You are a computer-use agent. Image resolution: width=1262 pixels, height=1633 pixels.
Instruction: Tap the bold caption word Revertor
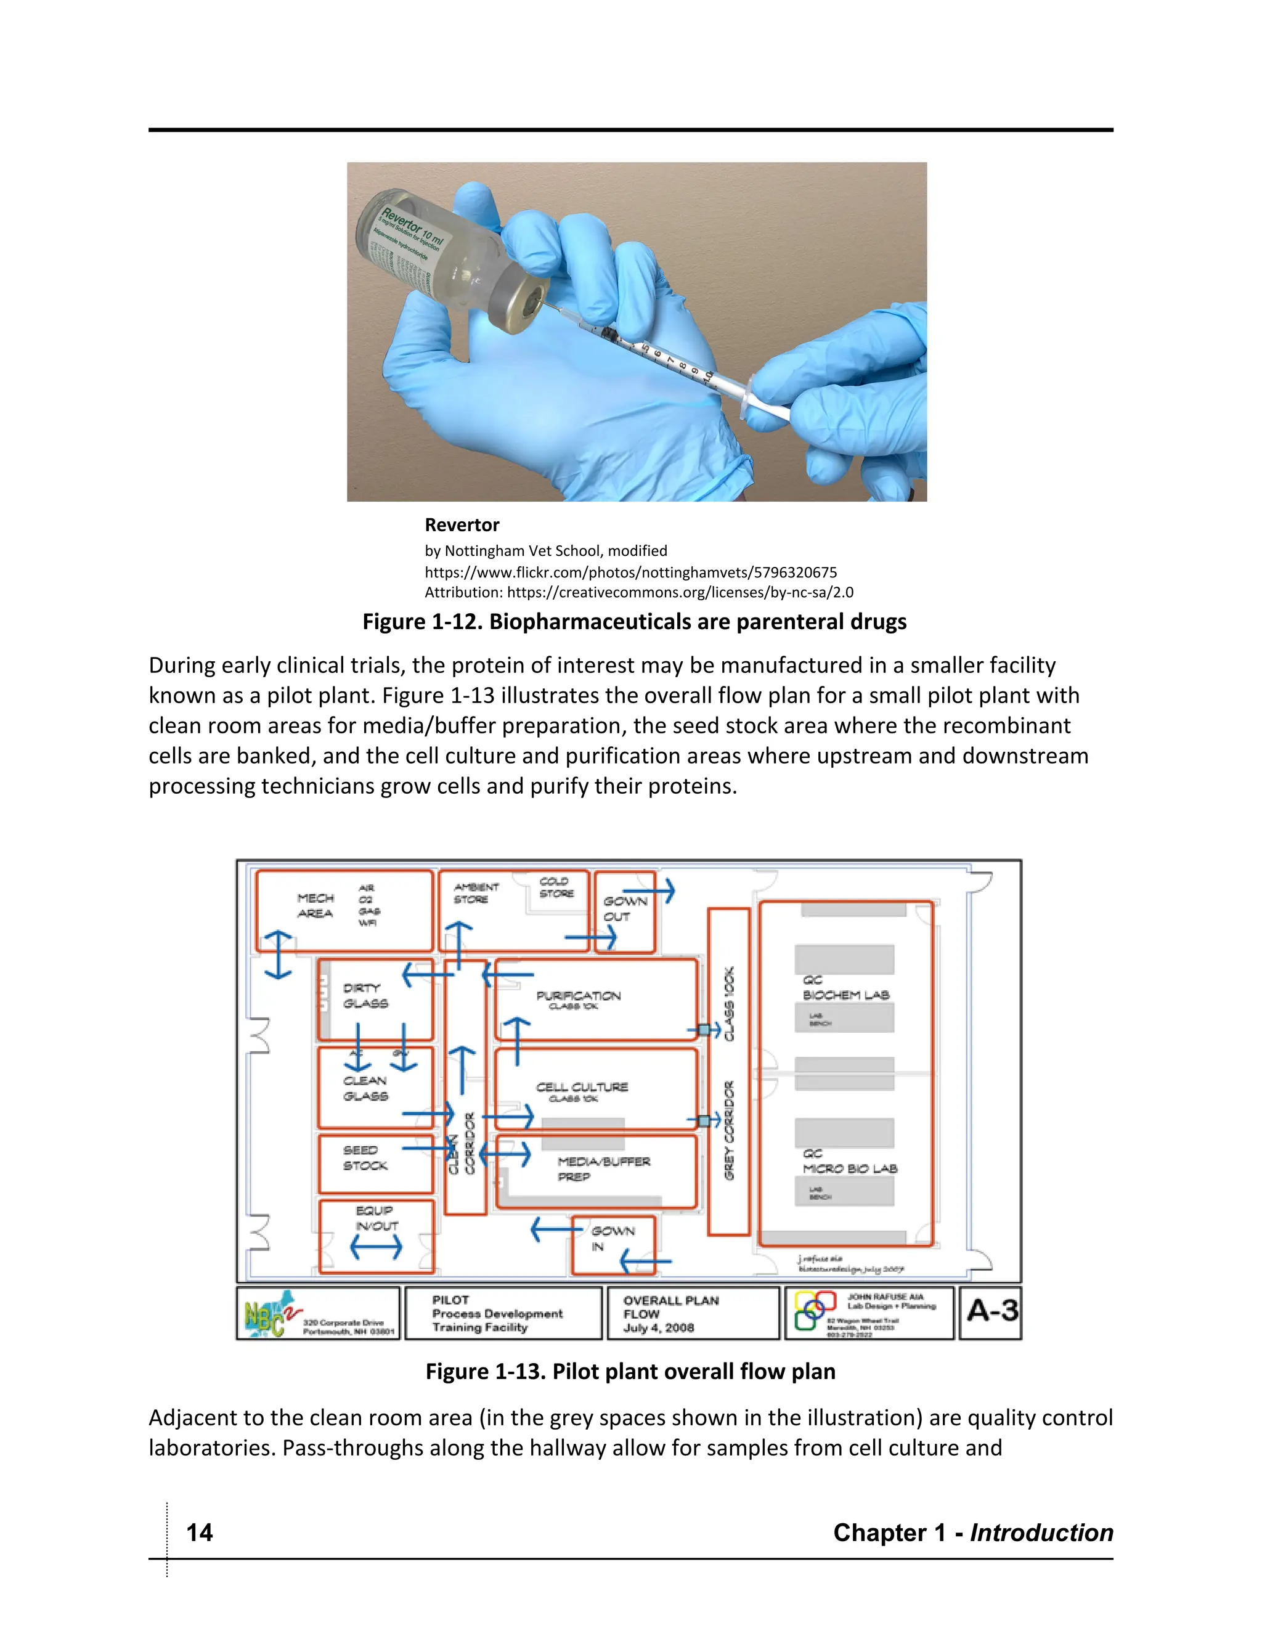[462, 525]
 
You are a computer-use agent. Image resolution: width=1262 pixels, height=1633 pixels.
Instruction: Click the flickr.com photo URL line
[630, 572]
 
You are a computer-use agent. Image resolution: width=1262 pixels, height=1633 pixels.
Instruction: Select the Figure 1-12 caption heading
[634, 621]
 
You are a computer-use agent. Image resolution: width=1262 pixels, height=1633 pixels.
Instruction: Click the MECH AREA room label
[315, 905]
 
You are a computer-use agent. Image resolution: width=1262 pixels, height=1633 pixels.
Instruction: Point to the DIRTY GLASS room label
[365, 995]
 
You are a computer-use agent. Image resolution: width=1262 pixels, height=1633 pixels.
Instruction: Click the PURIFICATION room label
[578, 996]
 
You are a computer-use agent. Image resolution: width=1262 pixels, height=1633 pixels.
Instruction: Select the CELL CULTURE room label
[582, 1088]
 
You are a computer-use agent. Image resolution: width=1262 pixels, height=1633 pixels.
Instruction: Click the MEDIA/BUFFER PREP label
[603, 1168]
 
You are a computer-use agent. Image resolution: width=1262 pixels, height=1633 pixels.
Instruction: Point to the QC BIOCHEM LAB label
[845, 988]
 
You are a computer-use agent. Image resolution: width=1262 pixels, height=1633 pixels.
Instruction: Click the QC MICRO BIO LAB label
[849, 1161]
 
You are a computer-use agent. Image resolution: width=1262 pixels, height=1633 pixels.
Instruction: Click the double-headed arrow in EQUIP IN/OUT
[376, 1247]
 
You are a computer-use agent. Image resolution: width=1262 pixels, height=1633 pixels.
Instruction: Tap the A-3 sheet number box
[991, 1311]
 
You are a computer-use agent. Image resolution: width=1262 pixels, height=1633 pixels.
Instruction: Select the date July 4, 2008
[658, 1328]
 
